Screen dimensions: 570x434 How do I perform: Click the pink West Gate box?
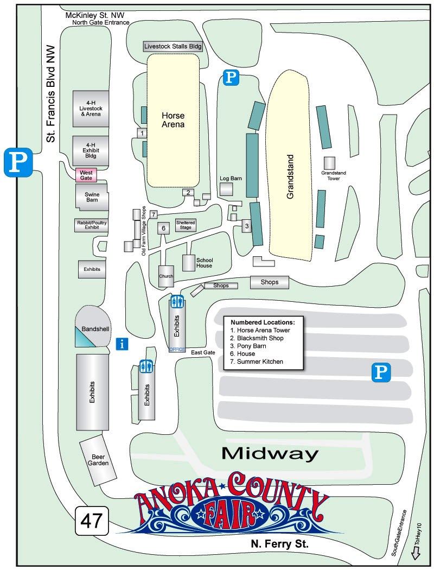[86, 175]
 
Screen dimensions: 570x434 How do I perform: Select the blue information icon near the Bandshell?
[123, 344]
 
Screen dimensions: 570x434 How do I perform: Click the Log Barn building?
[226, 189]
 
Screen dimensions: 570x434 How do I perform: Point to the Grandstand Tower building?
[330, 163]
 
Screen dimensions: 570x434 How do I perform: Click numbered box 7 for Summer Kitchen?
[154, 214]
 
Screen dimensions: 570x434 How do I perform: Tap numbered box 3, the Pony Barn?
[246, 226]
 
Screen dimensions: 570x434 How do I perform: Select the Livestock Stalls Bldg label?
[173, 47]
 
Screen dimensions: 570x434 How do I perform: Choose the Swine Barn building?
[92, 197]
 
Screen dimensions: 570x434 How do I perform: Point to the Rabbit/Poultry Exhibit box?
[91, 225]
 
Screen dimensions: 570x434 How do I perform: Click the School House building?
[188, 263]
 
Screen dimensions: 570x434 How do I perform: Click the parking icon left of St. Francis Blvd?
[18, 162]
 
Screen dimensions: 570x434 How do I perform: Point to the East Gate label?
[203, 353]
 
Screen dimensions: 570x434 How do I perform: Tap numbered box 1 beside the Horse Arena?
[142, 132]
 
